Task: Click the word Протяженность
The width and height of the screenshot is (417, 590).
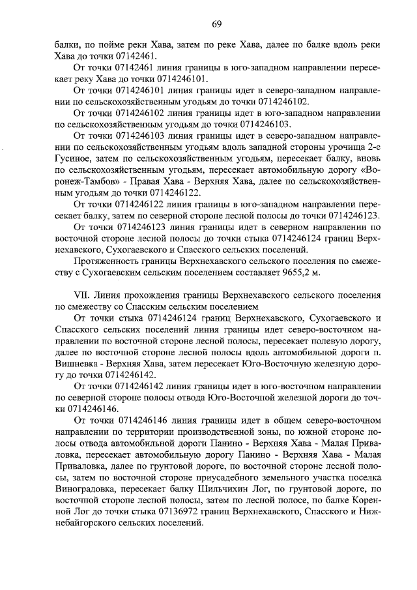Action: pyautogui.click(x=108, y=260)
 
